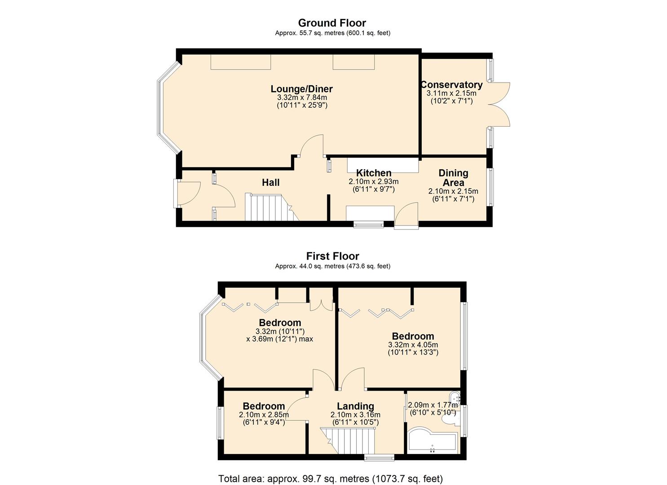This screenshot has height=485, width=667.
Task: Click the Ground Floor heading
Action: [x=332, y=23]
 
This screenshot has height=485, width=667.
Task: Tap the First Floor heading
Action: [x=332, y=256]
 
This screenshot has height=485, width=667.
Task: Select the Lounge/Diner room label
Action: [x=301, y=88]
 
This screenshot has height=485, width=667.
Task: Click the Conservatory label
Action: [x=451, y=85]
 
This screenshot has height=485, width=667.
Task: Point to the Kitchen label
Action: [x=374, y=173]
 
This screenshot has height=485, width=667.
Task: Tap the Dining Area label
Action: [x=453, y=178]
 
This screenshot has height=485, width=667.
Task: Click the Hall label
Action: [x=270, y=182]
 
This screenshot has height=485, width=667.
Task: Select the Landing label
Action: [x=355, y=406]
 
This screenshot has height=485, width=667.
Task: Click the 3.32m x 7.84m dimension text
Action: [x=302, y=97]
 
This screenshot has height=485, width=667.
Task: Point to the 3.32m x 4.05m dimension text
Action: [x=413, y=345]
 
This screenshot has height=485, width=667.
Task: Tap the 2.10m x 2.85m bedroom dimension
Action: [x=264, y=414]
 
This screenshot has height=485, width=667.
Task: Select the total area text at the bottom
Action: [x=330, y=479]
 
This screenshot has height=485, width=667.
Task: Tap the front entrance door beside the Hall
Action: [x=188, y=194]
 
